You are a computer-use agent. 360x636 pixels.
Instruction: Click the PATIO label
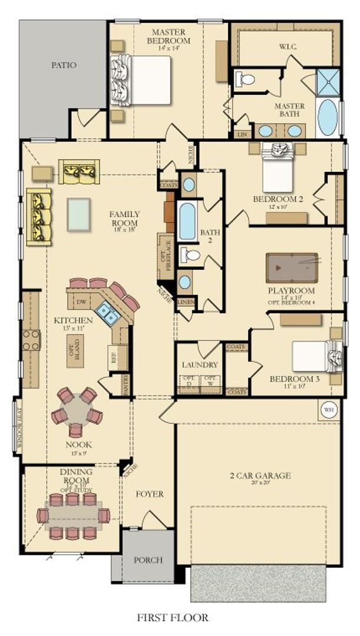pos(64,65)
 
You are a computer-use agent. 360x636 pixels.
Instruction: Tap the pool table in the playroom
pos(292,268)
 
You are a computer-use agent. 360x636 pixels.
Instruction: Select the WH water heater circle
pos(328,408)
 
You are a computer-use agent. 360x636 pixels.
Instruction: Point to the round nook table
pos(77,408)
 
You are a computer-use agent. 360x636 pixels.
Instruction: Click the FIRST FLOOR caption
pos(173,618)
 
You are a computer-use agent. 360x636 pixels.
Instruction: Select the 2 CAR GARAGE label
pos(260,475)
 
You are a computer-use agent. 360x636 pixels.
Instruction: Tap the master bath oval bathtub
pos(328,118)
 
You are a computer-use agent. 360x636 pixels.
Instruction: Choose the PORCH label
pos(148,560)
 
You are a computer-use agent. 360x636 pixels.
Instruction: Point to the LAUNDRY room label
pos(200,365)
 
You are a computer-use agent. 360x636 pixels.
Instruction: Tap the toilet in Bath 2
pos(190,255)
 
